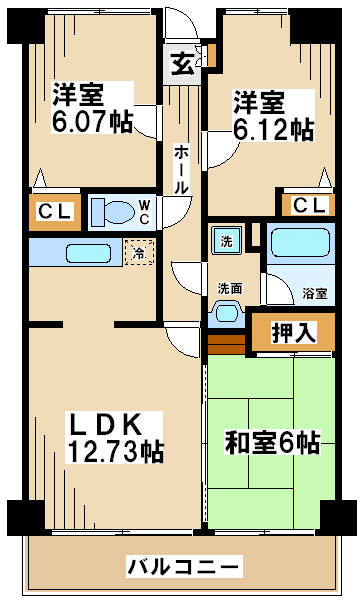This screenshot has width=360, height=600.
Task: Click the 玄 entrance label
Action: [182, 65]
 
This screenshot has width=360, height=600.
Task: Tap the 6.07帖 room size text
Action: [92, 122]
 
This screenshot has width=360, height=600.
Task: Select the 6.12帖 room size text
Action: [274, 129]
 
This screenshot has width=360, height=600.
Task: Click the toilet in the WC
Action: [114, 212]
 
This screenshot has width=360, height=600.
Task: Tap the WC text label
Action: [144, 212]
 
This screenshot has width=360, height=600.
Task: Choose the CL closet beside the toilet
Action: [55, 212]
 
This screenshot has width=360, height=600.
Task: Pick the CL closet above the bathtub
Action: [308, 206]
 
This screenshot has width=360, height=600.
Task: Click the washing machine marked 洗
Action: [226, 240]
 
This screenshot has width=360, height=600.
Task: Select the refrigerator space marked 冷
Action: [139, 252]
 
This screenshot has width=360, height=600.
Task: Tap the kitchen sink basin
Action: [88, 253]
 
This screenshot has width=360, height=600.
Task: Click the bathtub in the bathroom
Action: [300, 243]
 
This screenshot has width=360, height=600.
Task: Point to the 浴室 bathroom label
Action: [315, 293]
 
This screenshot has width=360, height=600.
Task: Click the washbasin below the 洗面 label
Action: [227, 312]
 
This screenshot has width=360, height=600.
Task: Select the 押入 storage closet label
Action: [294, 332]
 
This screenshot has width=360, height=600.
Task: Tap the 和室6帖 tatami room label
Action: [272, 443]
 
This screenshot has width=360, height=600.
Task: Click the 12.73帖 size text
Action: [115, 451]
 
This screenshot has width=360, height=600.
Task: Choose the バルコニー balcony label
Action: [184, 566]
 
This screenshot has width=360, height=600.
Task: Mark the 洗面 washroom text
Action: [230, 289]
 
